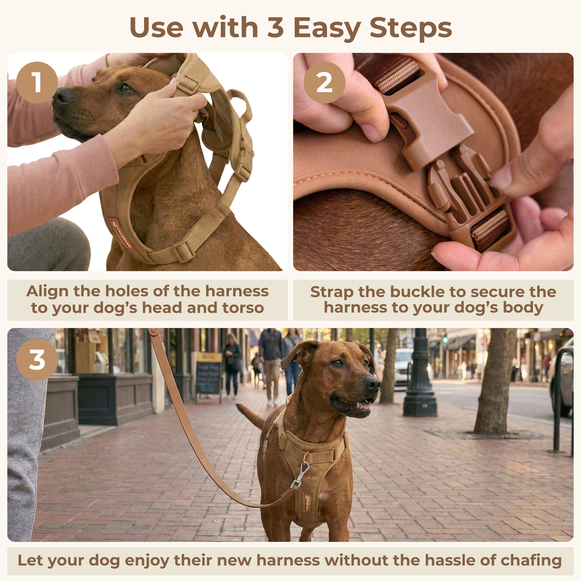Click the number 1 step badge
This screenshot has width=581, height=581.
(x=37, y=83)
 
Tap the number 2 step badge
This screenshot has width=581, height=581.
(x=324, y=83)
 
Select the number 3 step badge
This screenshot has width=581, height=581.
(x=37, y=360)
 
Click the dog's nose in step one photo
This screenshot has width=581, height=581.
(x=62, y=96)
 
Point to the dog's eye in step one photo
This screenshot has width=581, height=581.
(x=126, y=89)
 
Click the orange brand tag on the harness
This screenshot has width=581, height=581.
(x=121, y=232)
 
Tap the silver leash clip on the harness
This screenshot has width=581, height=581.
(x=300, y=475)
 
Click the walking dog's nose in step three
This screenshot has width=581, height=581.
(x=372, y=383)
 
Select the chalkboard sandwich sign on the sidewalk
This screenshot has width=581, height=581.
(x=209, y=374)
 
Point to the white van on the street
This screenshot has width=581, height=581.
(x=404, y=368)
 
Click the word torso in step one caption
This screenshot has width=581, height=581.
(x=243, y=308)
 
